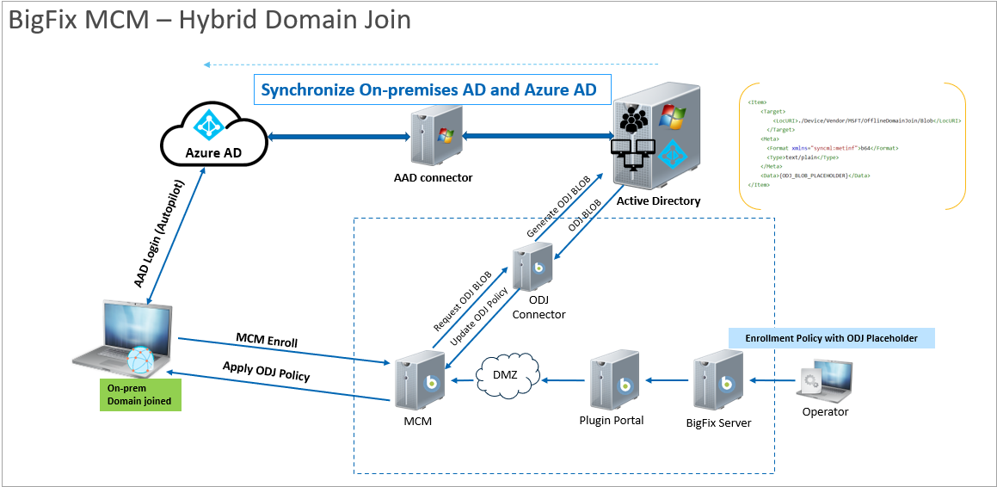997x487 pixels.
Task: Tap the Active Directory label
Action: click(658, 201)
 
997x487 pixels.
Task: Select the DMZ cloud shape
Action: click(508, 374)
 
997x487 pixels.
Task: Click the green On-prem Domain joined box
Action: click(140, 393)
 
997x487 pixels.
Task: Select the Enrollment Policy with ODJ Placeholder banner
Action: click(831, 338)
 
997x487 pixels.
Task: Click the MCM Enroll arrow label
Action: click(267, 340)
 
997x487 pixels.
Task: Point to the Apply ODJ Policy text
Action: click(266, 371)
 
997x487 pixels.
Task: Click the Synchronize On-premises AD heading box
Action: click(433, 89)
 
